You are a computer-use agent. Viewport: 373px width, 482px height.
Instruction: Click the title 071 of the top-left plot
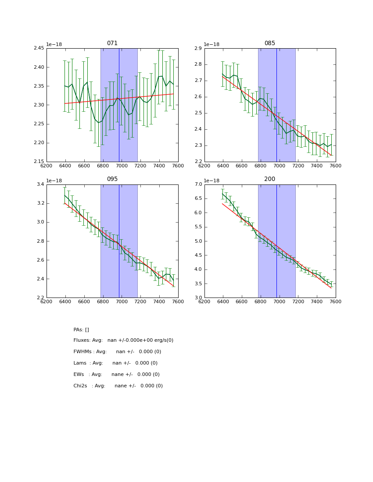(x=112, y=43)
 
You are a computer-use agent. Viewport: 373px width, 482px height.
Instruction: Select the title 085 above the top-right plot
(x=270, y=43)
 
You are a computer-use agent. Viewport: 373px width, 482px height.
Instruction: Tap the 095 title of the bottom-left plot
(x=112, y=179)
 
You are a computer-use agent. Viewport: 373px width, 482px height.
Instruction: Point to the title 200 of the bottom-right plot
(x=270, y=179)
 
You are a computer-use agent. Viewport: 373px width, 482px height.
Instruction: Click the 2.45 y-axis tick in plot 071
(x=39, y=48)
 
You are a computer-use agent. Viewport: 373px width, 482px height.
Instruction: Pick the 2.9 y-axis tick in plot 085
(x=198, y=48)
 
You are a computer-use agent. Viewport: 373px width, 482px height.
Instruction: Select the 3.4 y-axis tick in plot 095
(x=40, y=184)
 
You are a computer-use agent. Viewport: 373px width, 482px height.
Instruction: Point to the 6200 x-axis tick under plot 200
(x=204, y=301)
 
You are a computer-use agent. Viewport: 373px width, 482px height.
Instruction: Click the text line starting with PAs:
(x=81, y=330)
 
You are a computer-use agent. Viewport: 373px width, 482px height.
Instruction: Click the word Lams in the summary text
(x=80, y=363)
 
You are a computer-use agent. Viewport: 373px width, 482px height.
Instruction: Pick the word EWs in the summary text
(x=79, y=375)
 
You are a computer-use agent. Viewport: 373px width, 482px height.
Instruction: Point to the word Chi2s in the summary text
(x=81, y=386)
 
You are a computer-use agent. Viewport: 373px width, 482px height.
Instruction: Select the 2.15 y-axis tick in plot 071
(x=39, y=161)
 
